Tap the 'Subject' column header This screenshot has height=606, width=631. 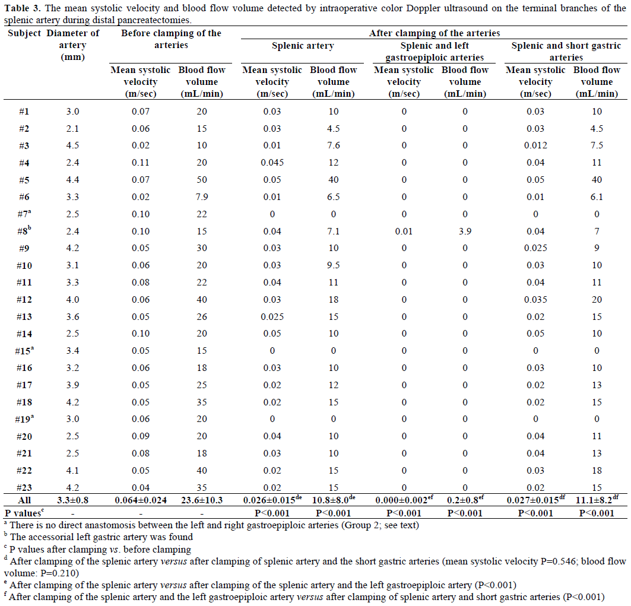[x=23, y=33]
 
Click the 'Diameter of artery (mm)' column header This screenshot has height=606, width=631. [x=73, y=45]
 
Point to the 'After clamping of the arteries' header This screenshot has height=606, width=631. [x=433, y=33]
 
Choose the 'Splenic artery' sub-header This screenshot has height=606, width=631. [x=303, y=46]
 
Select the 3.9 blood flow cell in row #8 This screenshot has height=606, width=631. [x=465, y=231]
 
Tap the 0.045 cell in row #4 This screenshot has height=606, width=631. [x=272, y=163]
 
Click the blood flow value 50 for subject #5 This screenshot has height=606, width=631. [x=201, y=180]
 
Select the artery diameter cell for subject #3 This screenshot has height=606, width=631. [x=73, y=145]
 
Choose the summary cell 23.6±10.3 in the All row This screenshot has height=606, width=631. [x=201, y=500]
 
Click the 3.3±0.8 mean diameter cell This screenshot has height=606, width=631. [x=73, y=500]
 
